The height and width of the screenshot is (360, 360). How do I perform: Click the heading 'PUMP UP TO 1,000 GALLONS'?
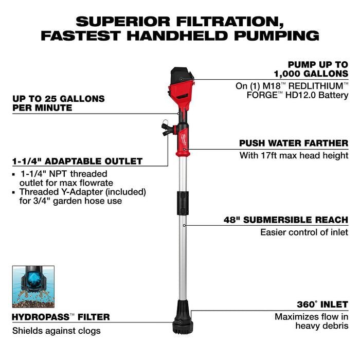318,69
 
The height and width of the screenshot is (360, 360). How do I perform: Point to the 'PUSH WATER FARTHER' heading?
293,143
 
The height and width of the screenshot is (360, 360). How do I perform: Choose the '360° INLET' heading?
322,304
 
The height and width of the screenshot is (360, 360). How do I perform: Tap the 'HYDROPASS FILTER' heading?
61,317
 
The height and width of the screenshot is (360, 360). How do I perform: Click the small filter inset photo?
33,287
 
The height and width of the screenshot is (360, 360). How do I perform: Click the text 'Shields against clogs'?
57,331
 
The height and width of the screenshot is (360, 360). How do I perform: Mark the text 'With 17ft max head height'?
294,155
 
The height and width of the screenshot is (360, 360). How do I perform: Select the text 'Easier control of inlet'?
304,232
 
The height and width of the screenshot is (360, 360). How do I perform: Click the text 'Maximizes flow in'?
311,317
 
